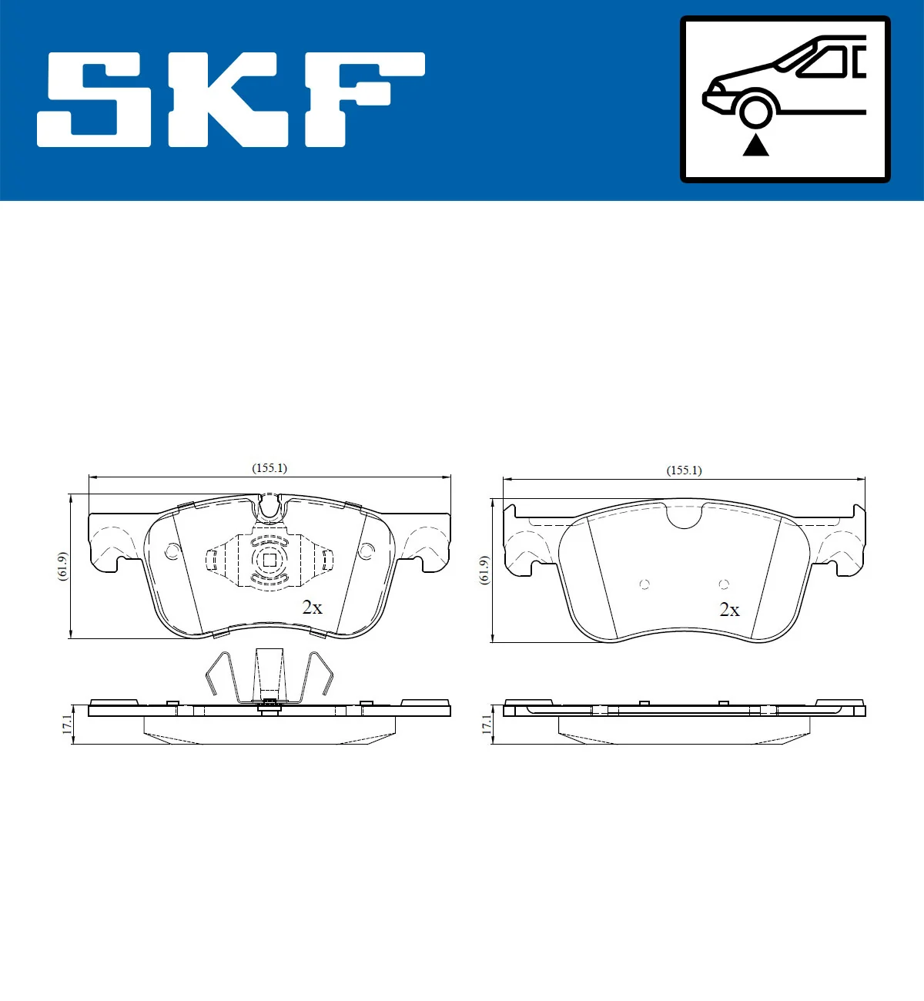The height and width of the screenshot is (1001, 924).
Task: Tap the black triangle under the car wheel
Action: [755, 145]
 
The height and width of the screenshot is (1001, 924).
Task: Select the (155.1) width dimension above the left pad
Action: [269, 468]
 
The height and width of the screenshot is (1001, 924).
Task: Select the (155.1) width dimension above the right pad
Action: [684, 470]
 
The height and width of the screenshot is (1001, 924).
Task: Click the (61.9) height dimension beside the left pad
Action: [63, 567]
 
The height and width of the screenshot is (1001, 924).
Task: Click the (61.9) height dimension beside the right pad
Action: [484, 570]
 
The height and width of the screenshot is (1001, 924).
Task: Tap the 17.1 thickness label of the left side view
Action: [67, 724]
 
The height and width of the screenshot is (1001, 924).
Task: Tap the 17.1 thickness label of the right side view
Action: [485, 724]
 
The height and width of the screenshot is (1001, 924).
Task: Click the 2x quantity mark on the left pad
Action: [312, 608]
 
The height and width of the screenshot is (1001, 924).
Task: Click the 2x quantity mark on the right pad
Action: [729, 610]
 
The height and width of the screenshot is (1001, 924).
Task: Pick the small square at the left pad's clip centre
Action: [269, 561]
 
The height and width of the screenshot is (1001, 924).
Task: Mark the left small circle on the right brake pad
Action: [644, 584]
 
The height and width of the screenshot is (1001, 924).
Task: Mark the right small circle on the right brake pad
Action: [724, 584]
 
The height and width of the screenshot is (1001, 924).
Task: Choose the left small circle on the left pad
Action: [172, 551]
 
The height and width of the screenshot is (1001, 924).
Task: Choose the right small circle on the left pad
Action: [367, 551]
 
